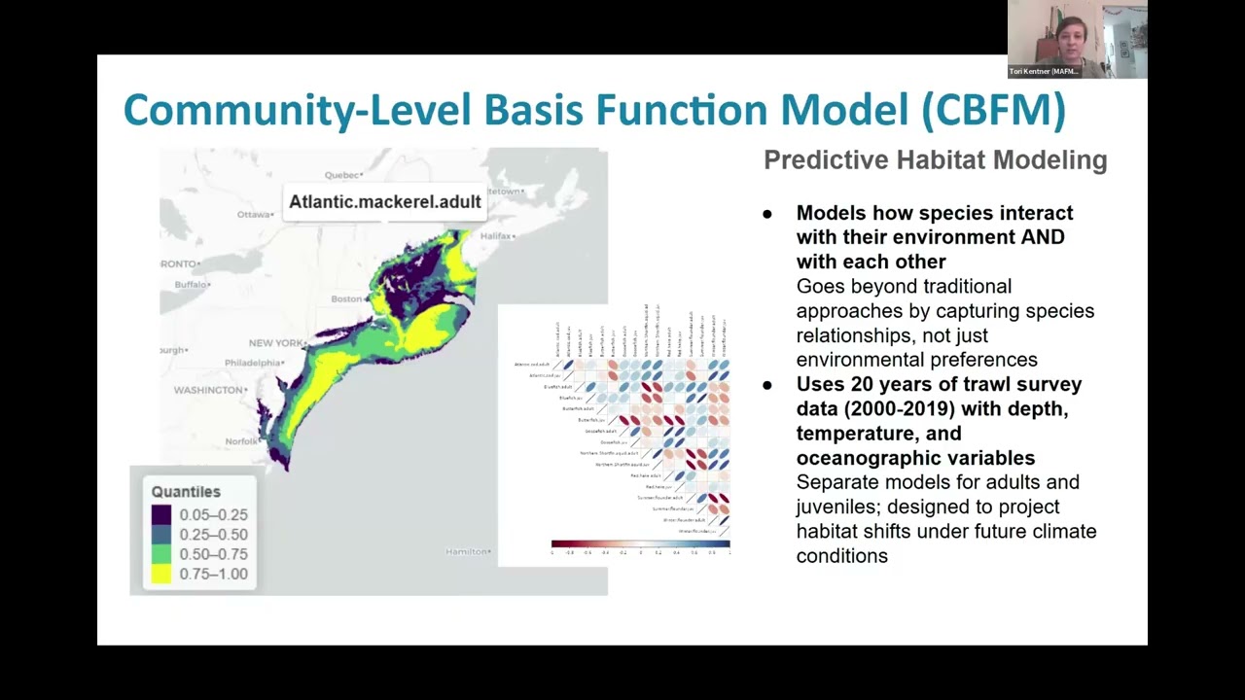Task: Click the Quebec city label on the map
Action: (x=342, y=175)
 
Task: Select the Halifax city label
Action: (x=495, y=236)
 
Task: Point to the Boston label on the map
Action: (x=347, y=298)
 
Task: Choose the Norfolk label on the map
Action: (x=240, y=440)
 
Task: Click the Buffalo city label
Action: (x=192, y=285)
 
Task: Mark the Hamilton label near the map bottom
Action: (x=467, y=551)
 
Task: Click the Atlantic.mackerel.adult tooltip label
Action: (x=385, y=202)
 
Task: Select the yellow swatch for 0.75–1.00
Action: (x=161, y=574)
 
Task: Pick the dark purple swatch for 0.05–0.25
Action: (x=161, y=514)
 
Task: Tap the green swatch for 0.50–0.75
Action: (x=161, y=554)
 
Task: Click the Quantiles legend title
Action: (x=186, y=492)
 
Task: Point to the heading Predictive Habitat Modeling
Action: (x=935, y=160)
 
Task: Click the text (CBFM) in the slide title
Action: (x=993, y=109)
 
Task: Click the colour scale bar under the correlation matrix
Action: (x=640, y=544)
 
